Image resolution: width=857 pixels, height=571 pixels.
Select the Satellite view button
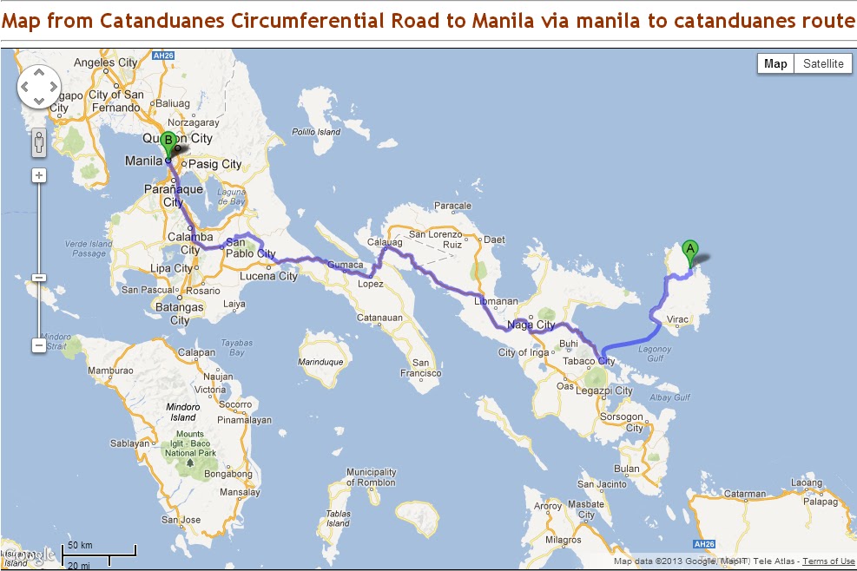822,63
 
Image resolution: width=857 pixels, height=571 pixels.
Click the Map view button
775,63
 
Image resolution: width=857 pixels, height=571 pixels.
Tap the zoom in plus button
39,175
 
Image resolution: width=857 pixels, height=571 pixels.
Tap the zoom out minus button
39,345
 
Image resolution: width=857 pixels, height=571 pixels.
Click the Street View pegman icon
39,143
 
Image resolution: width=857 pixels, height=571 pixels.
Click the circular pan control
39,88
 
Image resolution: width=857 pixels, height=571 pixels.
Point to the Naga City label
532,325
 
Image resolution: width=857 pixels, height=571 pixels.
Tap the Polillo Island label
316,132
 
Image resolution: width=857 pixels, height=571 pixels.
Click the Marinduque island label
320,361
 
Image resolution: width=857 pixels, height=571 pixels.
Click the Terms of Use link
828,561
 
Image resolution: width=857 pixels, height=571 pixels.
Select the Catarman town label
745,495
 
